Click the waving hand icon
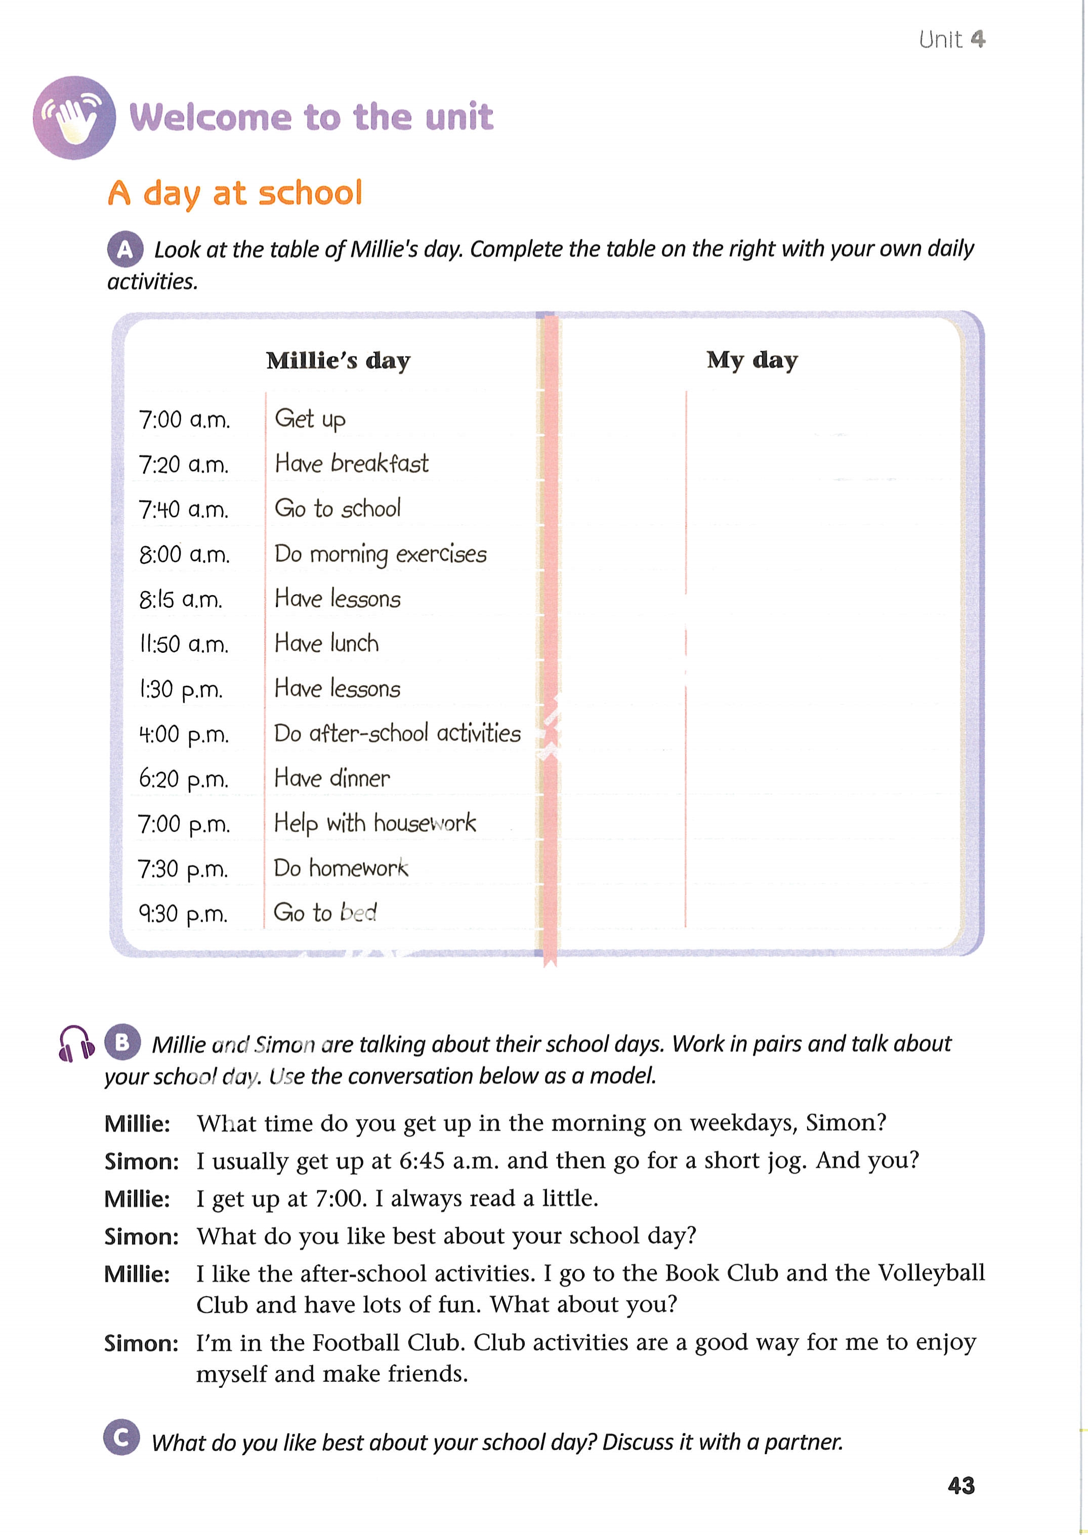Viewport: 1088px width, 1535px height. coord(74,118)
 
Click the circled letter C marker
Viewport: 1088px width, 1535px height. coord(122,1437)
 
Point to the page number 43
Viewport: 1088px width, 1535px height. coord(960,1485)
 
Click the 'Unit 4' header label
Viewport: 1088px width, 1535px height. coord(951,39)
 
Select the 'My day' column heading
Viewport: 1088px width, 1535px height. coord(751,360)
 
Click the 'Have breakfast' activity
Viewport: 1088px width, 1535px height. coord(352,464)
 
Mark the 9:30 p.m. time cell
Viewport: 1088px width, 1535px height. coord(183,914)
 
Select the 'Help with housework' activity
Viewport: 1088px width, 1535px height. coord(375,823)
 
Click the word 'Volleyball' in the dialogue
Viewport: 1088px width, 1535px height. coord(931,1272)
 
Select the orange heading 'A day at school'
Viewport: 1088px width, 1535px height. coord(235,194)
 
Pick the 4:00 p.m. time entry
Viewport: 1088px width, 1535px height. coord(184,735)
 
